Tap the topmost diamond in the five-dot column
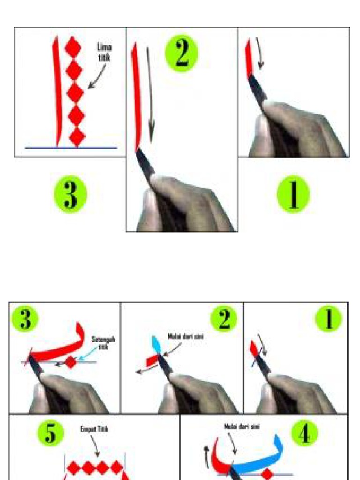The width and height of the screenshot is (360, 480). tap(73, 48)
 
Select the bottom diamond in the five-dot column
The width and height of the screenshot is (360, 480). tap(77, 137)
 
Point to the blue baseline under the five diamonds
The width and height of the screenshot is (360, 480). tap(70, 148)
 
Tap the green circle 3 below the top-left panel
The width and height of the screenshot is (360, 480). tap(70, 194)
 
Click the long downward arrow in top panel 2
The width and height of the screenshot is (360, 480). tap(150, 94)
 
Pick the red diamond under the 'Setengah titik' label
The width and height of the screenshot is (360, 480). tap(70, 362)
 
